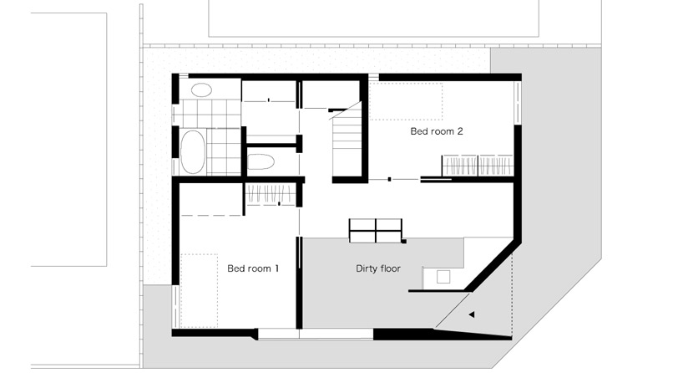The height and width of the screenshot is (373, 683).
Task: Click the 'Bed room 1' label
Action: pyautogui.click(x=253, y=268)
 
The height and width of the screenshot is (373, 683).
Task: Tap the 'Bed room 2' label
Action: pyautogui.click(x=437, y=131)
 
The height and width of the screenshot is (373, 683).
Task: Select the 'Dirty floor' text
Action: pyautogui.click(x=378, y=268)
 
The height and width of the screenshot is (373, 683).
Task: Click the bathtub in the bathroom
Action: pyautogui.click(x=193, y=151)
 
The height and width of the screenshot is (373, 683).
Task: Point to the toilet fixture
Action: pyautogui.click(x=261, y=161)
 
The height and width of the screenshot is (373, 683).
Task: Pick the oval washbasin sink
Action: pyautogui.click(x=201, y=89)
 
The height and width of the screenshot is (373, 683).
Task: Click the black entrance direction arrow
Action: pyautogui.click(x=471, y=314)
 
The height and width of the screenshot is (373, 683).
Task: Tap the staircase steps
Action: pyautogui.click(x=347, y=140)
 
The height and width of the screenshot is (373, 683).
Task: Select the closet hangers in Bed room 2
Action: pyautogui.click(x=478, y=166)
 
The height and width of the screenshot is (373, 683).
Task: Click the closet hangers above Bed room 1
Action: pyautogui.click(x=271, y=195)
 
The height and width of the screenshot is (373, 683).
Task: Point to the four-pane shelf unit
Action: pyautogui.click(x=376, y=230)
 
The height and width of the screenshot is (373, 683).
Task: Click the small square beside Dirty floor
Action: pyautogui.click(x=443, y=277)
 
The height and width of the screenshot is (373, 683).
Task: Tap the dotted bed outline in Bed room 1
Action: pyautogui.click(x=199, y=291)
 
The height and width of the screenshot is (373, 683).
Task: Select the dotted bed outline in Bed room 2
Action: pyautogui.click(x=406, y=101)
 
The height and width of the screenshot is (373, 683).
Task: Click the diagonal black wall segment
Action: pyautogui.click(x=493, y=266)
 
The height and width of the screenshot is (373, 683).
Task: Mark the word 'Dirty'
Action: pyautogui.click(x=366, y=268)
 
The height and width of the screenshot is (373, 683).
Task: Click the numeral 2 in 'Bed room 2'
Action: pyautogui.click(x=459, y=131)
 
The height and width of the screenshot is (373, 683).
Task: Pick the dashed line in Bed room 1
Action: pyautogui.click(x=212, y=215)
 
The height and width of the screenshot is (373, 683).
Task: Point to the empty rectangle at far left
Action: pyautogui.click(x=68, y=140)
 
